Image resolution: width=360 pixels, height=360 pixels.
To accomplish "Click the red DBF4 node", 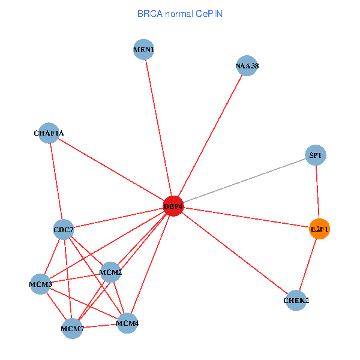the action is point(173,206).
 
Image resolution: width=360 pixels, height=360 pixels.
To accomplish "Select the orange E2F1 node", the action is point(320,229).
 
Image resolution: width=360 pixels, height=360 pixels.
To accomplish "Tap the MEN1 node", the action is point(144,49).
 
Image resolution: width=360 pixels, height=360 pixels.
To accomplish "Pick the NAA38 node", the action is point(247,65).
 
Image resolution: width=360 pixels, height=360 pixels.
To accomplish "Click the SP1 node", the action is point(316,155).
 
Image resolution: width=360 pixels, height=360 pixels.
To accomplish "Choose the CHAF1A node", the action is point(49,133).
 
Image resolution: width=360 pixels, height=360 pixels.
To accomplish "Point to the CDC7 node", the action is point(64,230).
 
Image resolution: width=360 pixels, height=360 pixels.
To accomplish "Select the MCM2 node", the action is point(110,272).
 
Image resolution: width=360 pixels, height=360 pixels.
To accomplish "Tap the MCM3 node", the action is point(40,284).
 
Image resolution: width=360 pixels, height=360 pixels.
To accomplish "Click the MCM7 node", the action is point(73,329).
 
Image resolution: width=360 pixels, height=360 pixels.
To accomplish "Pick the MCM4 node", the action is point(127,323).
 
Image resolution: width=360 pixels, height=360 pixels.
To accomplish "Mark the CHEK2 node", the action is point(296,301).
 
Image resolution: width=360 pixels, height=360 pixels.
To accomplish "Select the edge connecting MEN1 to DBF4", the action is point(158,128).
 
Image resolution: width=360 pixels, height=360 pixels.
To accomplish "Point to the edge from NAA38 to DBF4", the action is point(211,136).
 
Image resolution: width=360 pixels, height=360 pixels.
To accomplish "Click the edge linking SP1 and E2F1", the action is point(317,192).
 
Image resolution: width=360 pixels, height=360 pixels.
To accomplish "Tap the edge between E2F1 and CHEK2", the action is point(308,265).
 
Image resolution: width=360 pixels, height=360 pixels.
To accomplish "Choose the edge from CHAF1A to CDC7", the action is point(56,181).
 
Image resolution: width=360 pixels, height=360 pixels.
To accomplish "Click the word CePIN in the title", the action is point(209,14).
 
